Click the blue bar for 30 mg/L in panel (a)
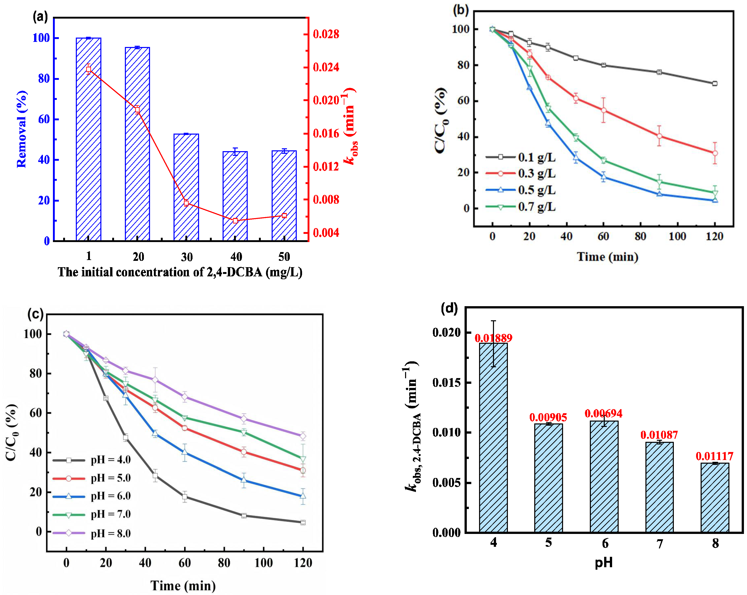186,187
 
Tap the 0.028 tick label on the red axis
326,34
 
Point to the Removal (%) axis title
21,129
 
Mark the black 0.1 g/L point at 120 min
715,84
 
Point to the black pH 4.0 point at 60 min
185,497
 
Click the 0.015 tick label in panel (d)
447,383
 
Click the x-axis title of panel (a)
180,272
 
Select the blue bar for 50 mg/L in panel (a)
284,196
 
